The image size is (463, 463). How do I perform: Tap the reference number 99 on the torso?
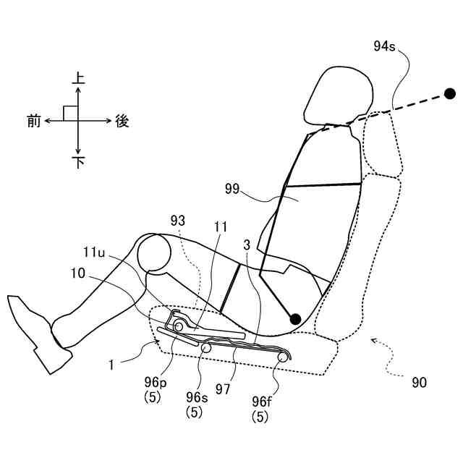(233, 189)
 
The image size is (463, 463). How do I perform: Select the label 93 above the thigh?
(179, 218)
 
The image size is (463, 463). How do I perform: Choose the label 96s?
(195, 397)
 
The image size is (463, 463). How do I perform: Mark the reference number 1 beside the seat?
(111, 366)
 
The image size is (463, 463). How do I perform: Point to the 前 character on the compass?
(33, 122)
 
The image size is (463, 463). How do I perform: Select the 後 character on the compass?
(122, 122)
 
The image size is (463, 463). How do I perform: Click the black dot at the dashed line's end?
(450, 93)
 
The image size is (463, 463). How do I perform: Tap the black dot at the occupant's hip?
(294, 318)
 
